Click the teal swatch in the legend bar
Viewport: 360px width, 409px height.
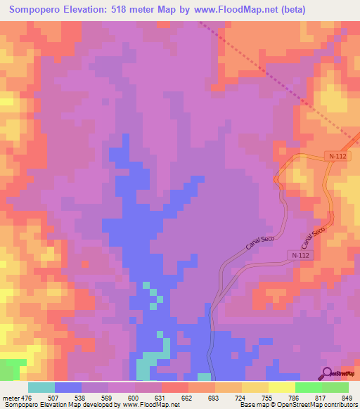click(41, 387)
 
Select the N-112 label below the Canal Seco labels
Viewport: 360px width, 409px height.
click(298, 255)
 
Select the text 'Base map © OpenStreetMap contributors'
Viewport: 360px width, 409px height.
click(297, 405)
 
